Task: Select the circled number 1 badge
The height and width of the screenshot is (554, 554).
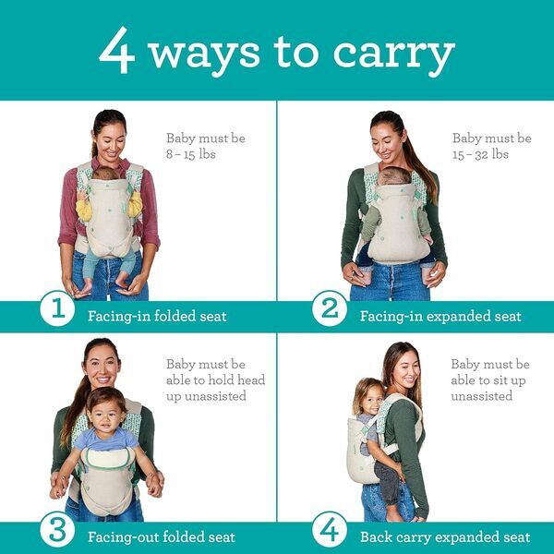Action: (55, 311)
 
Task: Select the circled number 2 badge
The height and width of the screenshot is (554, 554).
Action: (330, 311)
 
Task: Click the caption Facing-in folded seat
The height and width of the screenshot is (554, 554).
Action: (157, 316)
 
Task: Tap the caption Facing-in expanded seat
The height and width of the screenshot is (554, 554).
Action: (441, 316)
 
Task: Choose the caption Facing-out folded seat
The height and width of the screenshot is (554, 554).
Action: (161, 536)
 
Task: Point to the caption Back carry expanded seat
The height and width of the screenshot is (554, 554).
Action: (445, 536)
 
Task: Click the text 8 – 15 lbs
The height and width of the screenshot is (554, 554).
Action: (190, 154)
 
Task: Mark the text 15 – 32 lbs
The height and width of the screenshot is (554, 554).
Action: (480, 154)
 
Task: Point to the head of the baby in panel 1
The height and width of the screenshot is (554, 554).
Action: (107, 173)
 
